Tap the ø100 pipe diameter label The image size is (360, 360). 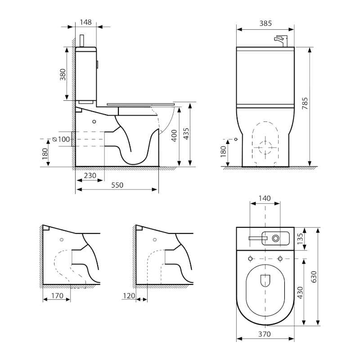tap(61, 139)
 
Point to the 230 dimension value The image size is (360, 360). tap(90, 175)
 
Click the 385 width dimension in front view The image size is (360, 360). tap(265, 23)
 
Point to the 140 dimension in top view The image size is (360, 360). tap(265, 198)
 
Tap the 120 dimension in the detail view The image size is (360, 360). tap(129, 296)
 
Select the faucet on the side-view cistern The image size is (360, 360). tap(82, 40)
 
